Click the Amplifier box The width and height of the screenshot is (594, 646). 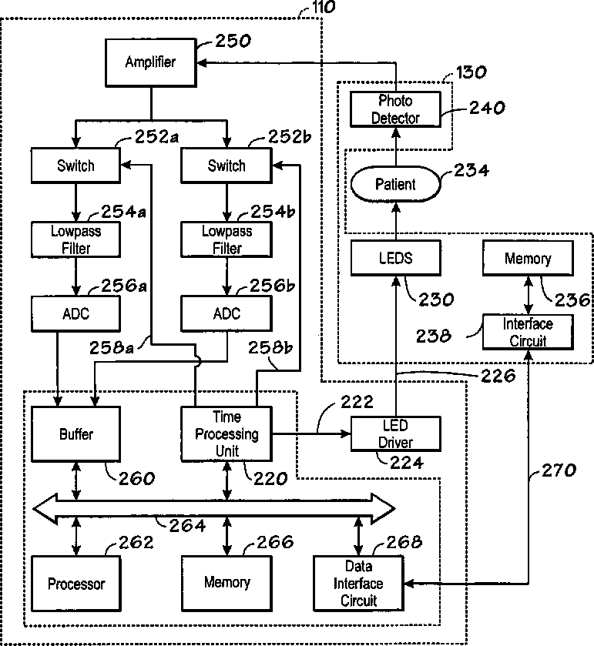pyautogui.click(x=150, y=62)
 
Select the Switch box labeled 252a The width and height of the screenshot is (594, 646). pyautogui.click(x=76, y=166)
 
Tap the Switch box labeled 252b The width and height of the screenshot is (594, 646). pyautogui.click(x=227, y=166)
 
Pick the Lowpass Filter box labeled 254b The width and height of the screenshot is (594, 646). pyautogui.click(x=227, y=239)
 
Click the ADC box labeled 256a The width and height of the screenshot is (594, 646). pyautogui.click(x=76, y=313)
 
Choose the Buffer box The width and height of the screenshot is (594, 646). pyautogui.click(x=76, y=433)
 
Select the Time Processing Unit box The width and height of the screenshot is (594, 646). pyautogui.click(x=227, y=433)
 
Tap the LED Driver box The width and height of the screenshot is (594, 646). pyautogui.click(x=396, y=433)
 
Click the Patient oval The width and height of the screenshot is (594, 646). pyautogui.click(x=396, y=184)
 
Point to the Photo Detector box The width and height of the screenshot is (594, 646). pyautogui.click(x=396, y=109)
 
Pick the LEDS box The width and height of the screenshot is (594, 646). pyautogui.click(x=396, y=258)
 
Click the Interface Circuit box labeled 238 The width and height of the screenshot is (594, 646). pyautogui.click(x=528, y=332)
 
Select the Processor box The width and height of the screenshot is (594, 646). pyautogui.click(x=76, y=584)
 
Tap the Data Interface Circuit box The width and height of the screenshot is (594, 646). pyautogui.click(x=358, y=584)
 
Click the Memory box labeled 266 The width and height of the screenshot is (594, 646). pyautogui.click(x=227, y=584)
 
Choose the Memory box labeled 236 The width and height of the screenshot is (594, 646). pyautogui.click(x=528, y=258)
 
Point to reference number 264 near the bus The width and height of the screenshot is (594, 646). pyautogui.click(x=187, y=526)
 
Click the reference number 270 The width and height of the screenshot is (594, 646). pyautogui.click(x=559, y=470)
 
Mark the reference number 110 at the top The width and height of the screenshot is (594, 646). pyautogui.click(x=324, y=7)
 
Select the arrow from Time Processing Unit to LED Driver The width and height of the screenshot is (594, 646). pyautogui.click(x=311, y=433)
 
